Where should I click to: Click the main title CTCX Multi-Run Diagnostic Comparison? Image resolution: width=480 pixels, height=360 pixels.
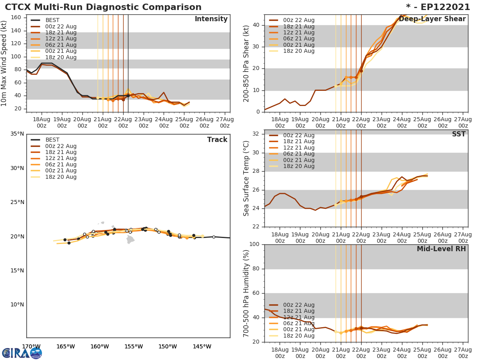click(x=103, y=7)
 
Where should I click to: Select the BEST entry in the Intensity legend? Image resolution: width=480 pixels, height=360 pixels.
click(x=52, y=20)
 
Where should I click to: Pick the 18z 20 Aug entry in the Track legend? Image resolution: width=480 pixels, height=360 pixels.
click(x=60, y=177)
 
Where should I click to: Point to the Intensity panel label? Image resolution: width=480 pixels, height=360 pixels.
click(x=211, y=19)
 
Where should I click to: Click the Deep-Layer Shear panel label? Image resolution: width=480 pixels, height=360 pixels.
click(x=432, y=19)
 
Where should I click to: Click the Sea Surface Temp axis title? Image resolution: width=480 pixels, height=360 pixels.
click(x=246, y=178)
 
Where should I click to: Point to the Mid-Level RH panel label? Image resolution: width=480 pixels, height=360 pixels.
click(x=441, y=249)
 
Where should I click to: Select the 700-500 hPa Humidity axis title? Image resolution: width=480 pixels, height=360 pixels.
click(x=246, y=293)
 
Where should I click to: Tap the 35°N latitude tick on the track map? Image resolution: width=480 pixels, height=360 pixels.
click(x=17, y=134)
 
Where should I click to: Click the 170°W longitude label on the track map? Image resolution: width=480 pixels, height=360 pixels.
click(x=31, y=346)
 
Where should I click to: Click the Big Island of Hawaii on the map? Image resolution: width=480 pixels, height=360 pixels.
click(x=130, y=239)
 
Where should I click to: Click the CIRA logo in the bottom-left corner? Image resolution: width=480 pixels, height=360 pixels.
click(x=22, y=353)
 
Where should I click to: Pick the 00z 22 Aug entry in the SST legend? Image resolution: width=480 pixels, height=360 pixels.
click(x=299, y=136)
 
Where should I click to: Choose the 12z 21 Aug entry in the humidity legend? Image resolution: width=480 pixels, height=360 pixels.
click(x=299, y=317)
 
